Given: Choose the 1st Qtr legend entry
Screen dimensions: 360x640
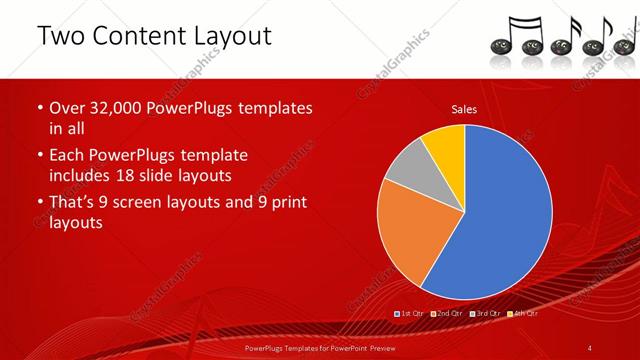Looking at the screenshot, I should (412, 313).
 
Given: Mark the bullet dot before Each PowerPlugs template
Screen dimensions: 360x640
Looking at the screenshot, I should (40, 156).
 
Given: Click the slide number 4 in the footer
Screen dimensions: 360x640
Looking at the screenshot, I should (590, 347).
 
